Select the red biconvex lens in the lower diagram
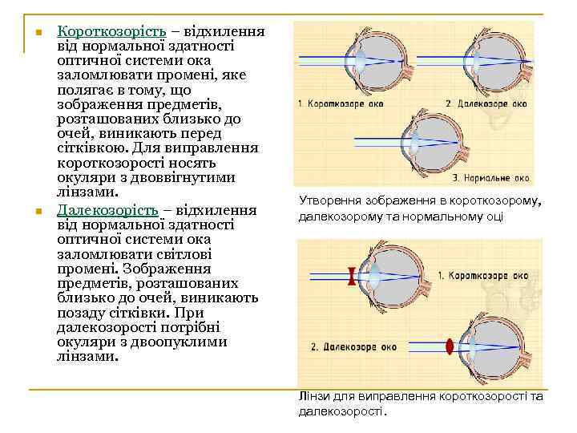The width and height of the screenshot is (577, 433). click(x=449, y=346)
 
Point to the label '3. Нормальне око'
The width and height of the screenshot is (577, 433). click(x=491, y=178)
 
